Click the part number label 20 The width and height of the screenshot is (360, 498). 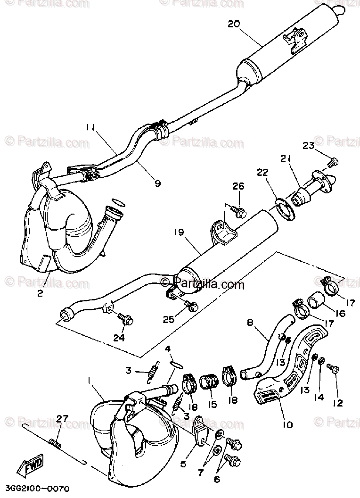pyautogui.click(x=234, y=24)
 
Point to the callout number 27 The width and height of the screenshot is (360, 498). pyautogui.click(x=63, y=419)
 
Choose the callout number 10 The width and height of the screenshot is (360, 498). pyautogui.click(x=287, y=424)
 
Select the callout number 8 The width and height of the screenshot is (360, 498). pyautogui.click(x=250, y=323)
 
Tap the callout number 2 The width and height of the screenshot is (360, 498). pyautogui.click(x=40, y=293)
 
